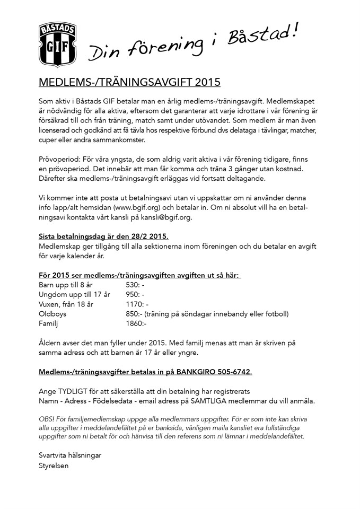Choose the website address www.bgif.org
124,207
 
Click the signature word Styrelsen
54,466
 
